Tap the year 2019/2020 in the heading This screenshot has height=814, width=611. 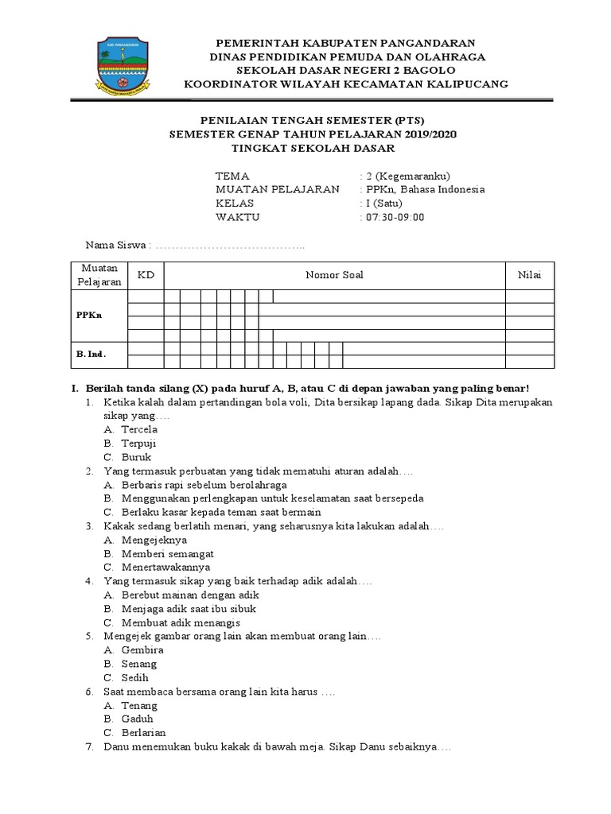click(x=428, y=134)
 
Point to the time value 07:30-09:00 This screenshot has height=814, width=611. click(x=395, y=217)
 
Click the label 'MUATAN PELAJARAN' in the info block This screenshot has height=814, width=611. click(x=277, y=189)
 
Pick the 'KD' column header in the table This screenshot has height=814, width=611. click(x=146, y=275)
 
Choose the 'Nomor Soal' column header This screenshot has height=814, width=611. click(x=335, y=275)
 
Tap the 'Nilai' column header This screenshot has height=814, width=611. click(x=529, y=275)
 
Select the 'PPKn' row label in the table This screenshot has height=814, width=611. click(x=88, y=315)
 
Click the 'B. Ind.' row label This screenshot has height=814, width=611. click(x=91, y=354)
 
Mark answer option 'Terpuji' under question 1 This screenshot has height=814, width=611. click(x=139, y=444)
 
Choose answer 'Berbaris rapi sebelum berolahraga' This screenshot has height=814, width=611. click(x=204, y=485)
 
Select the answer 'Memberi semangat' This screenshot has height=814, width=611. click(x=168, y=553)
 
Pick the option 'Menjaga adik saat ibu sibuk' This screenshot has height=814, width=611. click(x=189, y=609)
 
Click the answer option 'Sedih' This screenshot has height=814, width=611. click(x=134, y=677)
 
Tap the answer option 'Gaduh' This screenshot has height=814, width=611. click(x=137, y=719)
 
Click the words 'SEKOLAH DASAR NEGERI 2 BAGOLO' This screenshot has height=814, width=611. click(x=345, y=70)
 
